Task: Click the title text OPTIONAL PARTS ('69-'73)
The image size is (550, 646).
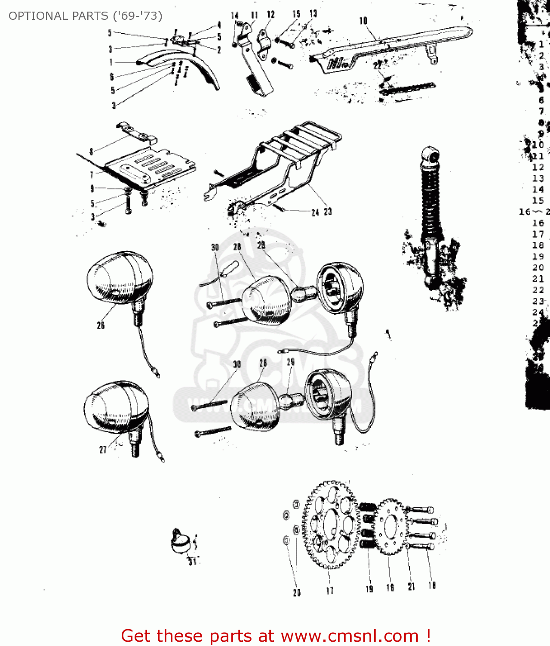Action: [85, 16]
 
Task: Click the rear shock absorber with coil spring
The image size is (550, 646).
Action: [430, 215]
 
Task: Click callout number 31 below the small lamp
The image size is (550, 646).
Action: [192, 561]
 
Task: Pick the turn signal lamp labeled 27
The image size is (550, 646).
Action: [116, 407]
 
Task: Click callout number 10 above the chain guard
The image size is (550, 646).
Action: [363, 21]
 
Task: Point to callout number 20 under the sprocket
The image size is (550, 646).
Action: [297, 593]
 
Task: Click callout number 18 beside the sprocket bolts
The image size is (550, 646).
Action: [432, 586]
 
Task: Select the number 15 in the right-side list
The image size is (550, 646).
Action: [538, 201]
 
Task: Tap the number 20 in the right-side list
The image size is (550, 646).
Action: [538, 267]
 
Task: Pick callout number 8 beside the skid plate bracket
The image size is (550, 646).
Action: [91, 151]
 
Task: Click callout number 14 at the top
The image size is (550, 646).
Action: [234, 16]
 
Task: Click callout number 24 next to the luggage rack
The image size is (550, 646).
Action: [315, 212]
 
